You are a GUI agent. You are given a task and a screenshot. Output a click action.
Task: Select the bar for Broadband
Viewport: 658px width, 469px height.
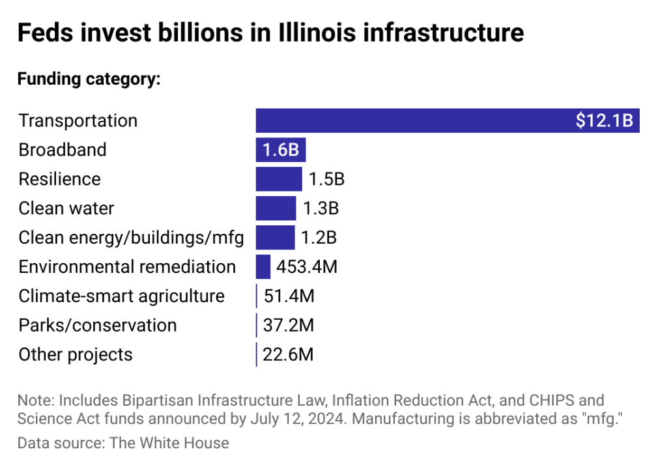click(281, 150)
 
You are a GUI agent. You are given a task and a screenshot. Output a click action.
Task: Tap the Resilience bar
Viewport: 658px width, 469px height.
click(279, 179)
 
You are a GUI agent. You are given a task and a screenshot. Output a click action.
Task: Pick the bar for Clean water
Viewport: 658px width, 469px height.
click(276, 208)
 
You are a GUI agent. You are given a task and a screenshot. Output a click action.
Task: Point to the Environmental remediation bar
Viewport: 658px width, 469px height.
click(263, 266)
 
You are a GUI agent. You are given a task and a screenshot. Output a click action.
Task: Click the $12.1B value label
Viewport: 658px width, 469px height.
click(604, 121)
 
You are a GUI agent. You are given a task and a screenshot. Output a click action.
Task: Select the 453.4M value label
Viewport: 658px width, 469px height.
click(307, 266)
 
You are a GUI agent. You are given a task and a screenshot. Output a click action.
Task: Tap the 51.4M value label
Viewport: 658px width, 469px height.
click(289, 296)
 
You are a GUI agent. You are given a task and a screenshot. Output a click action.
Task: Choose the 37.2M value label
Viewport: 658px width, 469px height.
click(289, 325)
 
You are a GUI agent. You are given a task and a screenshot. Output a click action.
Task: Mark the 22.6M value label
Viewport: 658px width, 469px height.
click(288, 354)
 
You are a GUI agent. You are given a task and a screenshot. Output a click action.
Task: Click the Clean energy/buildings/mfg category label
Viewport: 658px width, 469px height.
click(131, 238)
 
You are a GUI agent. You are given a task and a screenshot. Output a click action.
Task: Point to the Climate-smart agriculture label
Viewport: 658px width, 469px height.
click(121, 296)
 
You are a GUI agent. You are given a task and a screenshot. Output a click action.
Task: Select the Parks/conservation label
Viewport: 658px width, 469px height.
click(97, 325)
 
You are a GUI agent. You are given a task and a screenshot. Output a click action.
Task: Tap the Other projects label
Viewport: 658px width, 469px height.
click(76, 354)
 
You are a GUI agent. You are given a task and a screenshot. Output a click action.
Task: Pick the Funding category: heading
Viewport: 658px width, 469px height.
click(89, 79)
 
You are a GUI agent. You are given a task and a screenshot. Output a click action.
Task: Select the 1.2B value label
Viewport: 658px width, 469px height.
click(319, 238)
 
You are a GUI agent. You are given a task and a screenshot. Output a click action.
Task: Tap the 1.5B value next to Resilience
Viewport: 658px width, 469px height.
click(326, 179)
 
